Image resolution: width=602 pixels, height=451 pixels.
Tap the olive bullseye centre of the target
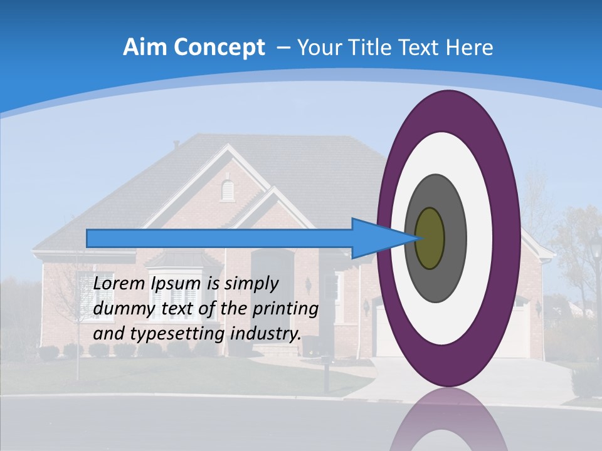pos(430,238)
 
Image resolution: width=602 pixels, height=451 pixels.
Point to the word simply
pos(251,284)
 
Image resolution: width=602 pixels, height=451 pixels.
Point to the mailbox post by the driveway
pos(325,373)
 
